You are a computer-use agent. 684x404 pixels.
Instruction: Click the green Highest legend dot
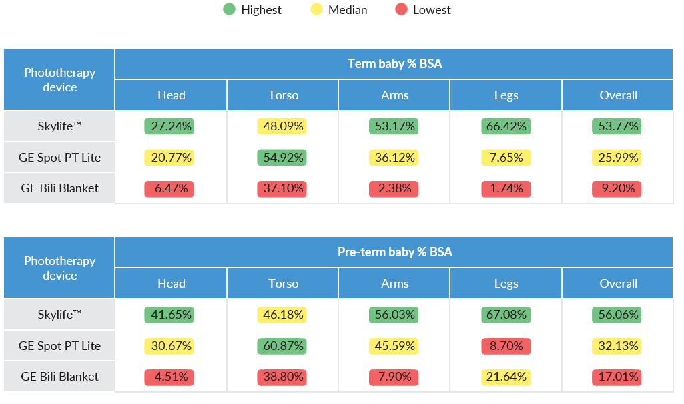pos(230,10)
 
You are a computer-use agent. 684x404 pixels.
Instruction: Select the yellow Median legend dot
pos(316,10)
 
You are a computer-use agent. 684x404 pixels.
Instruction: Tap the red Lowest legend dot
pos(401,10)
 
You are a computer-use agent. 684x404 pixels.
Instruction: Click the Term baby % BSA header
pos(394,64)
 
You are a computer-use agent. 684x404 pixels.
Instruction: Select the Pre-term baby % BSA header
pos(394,252)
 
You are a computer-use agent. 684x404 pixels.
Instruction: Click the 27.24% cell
pos(169,126)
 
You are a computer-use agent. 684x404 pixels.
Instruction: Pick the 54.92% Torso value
pos(282,158)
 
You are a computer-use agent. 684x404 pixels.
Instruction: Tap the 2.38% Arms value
pos(394,189)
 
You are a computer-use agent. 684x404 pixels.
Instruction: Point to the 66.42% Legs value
pos(506,126)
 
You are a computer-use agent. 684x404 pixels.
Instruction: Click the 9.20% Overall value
pos(617,189)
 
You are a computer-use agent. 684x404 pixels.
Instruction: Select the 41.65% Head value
pos(169,314)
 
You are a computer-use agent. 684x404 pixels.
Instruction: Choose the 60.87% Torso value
pos(282,346)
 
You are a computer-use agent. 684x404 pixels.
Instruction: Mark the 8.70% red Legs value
pos(506,346)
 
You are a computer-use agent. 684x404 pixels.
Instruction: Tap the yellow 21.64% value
pos(506,377)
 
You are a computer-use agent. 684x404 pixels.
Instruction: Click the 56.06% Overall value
pos(617,314)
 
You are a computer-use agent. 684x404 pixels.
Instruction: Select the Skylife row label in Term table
pos(60,126)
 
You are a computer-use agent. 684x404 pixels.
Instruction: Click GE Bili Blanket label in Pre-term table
pos(60,377)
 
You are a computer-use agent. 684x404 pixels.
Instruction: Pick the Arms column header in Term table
pos(394,95)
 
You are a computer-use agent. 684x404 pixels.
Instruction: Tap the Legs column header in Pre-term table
pos(506,284)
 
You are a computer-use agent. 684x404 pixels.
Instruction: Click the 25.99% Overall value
pos(617,158)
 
